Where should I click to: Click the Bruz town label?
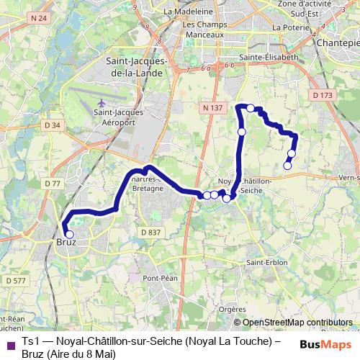tap(66, 242)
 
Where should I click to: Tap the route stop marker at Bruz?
tap(70, 233)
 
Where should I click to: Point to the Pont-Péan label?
tap(160, 278)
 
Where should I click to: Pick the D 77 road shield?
tap(51, 184)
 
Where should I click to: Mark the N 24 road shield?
tap(40, 17)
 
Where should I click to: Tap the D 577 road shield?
tap(15, 280)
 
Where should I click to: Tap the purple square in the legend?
tap(9, 346)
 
